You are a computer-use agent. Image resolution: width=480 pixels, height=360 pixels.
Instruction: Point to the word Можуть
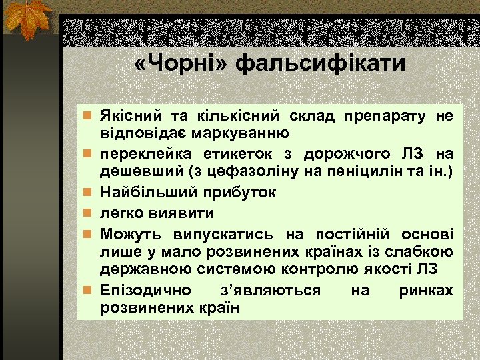tap(127, 235)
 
